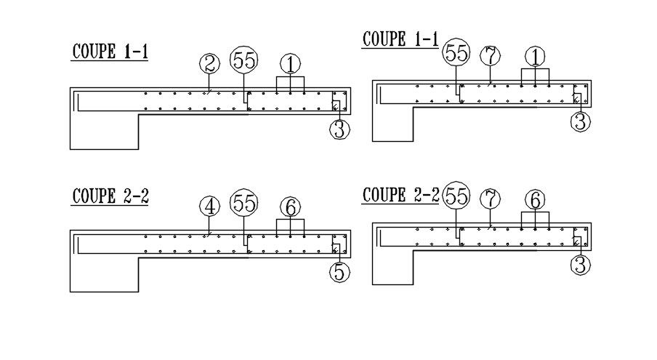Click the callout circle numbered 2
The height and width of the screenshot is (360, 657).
209,64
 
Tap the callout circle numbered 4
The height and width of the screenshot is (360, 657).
209,207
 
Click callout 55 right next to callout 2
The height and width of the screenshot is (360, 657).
244,62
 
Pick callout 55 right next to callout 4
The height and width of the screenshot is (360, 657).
244,204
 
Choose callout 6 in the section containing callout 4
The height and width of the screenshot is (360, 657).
290,207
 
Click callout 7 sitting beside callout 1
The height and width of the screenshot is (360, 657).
491,55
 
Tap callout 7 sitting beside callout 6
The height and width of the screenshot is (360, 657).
491,198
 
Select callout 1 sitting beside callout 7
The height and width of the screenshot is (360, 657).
535,56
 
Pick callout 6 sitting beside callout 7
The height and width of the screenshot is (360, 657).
535,199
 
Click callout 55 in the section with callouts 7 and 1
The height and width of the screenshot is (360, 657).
456,52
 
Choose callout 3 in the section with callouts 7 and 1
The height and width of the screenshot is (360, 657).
580,121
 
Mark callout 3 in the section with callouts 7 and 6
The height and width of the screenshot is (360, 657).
580,265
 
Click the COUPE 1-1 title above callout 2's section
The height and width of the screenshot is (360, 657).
110,52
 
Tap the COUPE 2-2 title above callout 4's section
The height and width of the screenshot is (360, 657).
110,196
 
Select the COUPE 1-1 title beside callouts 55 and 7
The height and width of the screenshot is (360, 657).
400,39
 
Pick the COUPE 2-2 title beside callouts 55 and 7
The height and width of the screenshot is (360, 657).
400,195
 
